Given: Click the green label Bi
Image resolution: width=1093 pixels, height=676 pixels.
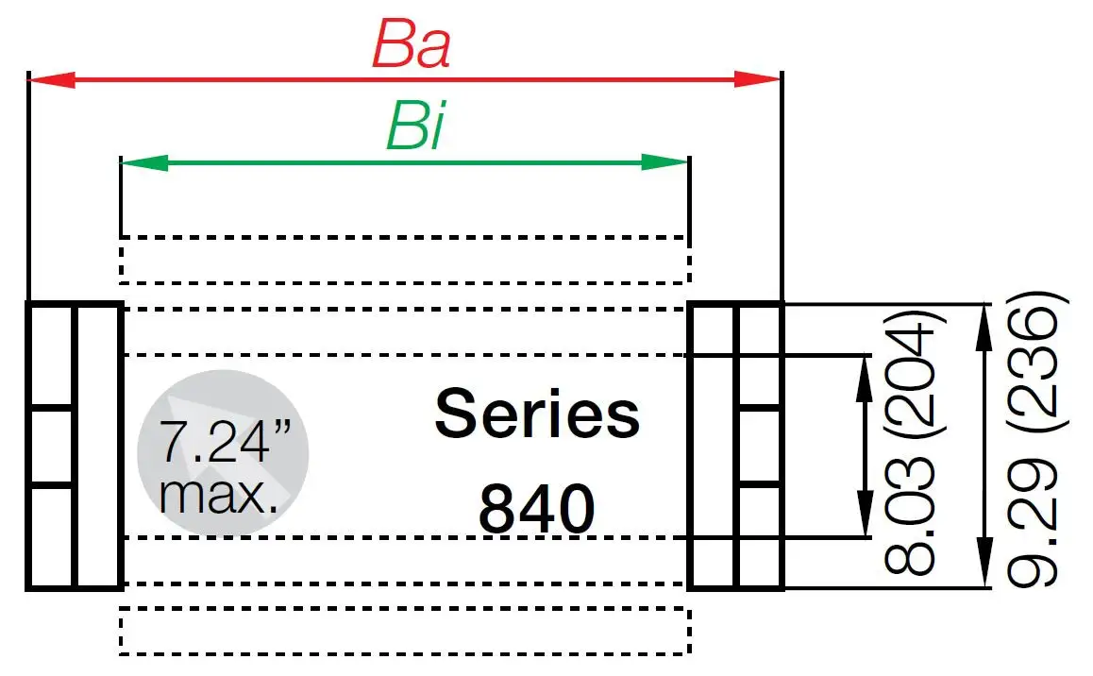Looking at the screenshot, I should (x=414, y=129).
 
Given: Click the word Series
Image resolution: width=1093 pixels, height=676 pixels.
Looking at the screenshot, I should (x=536, y=415).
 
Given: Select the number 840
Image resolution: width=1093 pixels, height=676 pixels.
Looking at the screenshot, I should (x=536, y=510).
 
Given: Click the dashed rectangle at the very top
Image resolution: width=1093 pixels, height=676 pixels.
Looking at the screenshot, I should (x=405, y=260).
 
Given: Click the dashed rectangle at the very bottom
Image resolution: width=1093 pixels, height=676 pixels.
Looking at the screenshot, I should (x=405, y=631).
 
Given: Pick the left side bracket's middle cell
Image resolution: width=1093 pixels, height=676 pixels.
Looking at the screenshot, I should (x=51, y=446).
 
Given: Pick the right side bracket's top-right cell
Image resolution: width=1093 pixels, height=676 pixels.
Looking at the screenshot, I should (x=760, y=329).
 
